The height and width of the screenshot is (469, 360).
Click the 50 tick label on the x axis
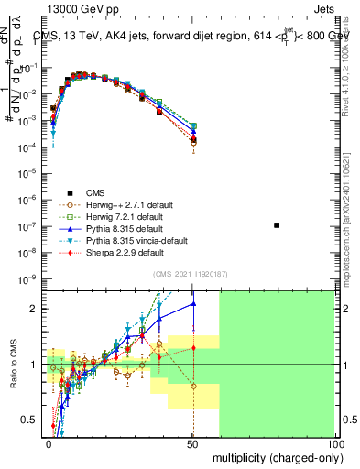(x=192, y=442)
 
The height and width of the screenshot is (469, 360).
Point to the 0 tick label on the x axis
(x=49, y=442)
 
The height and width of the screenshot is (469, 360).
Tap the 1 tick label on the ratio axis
(x=36, y=365)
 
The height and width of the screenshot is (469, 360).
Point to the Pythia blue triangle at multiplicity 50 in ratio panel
(x=193, y=304)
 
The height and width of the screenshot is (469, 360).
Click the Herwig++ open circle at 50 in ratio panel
(x=193, y=387)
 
